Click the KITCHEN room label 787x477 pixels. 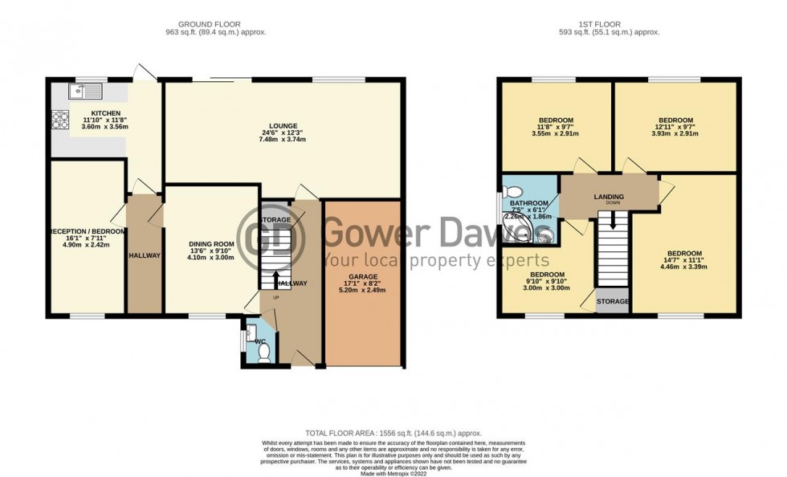[x=105, y=113]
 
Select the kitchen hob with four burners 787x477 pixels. [x=60, y=120]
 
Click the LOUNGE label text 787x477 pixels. [x=283, y=126]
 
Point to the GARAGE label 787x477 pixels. [x=363, y=277]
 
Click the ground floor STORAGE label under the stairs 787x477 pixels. [x=275, y=219]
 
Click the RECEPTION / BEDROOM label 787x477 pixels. [x=88, y=231]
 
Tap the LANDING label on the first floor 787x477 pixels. [x=609, y=197]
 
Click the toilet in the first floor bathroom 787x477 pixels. [x=515, y=191]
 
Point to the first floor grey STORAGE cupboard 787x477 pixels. [x=613, y=301]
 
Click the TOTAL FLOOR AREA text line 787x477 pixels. [x=393, y=433]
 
